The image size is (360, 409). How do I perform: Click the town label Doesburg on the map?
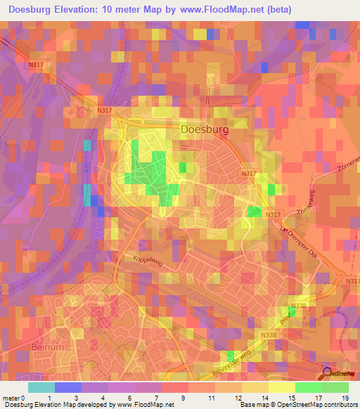pos(205,129)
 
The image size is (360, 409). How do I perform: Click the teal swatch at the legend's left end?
pos(41,387)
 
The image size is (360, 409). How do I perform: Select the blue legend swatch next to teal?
pos(68,387)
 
